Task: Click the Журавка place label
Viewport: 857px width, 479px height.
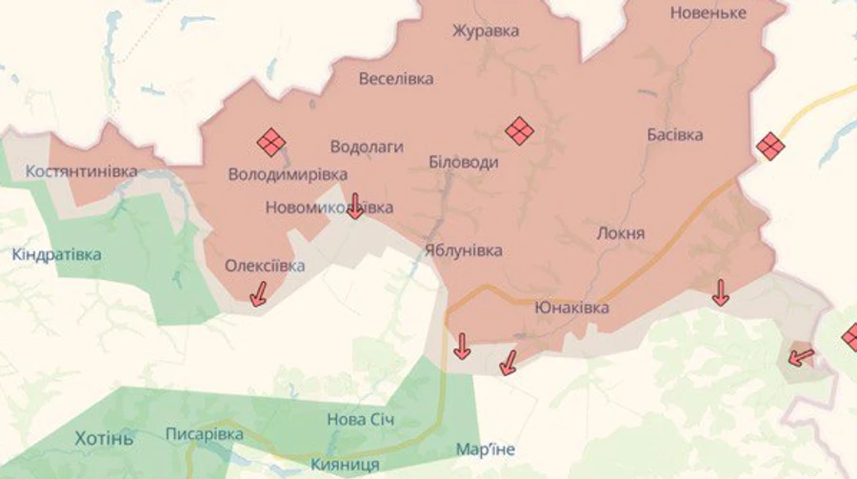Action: [486, 30]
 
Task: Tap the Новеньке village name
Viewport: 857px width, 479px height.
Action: [708, 13]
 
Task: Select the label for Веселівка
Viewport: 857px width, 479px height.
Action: [396, 79]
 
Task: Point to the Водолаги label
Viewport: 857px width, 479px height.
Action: [367, 147]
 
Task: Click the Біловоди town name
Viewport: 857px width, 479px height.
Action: [464, 162]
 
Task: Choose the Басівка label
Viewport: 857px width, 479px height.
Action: [674, 134]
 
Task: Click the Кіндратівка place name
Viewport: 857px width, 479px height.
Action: [57, 255]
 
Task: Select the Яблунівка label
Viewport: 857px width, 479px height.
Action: [464, 250]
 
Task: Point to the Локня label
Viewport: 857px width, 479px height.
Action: [620, 233]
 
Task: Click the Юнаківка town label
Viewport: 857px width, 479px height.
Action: [571, 308]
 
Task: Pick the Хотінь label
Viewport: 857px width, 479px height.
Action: [104, 438]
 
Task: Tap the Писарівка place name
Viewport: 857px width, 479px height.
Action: [205, 434]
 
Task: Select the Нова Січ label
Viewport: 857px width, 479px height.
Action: [361, 419]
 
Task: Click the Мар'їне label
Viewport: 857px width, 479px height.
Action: [486, 449]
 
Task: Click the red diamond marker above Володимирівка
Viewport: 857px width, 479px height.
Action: [271, 143]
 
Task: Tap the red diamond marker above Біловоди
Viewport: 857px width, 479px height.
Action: [519, 130]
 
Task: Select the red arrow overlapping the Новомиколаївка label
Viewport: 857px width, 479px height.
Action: [354, 205]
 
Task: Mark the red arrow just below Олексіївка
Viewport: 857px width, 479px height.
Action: [258, 295]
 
